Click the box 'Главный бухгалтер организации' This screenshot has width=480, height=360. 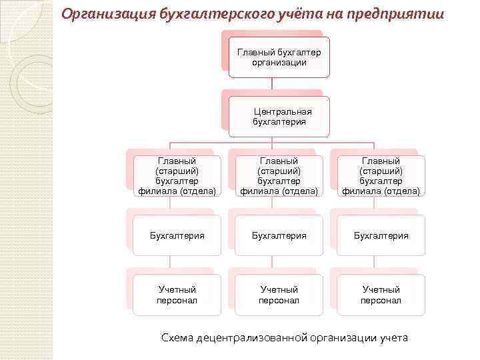point(279,57)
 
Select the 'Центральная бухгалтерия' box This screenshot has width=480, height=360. point(279,117)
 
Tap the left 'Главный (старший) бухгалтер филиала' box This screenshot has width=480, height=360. point(177,176)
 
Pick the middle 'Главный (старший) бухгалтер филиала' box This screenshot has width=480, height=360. point(279,176)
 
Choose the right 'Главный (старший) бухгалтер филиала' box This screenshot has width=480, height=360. point(381,176)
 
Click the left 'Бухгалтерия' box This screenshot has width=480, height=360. point(177,235)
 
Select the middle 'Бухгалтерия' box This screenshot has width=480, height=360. point(279,235)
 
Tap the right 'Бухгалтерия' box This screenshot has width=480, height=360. point(381,235)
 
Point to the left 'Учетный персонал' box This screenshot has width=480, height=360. point(177,295)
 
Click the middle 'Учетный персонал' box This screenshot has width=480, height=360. point(279,295)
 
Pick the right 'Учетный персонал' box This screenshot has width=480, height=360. point(381,295)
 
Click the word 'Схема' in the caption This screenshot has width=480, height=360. point(177,337)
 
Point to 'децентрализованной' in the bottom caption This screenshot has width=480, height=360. point(251,337)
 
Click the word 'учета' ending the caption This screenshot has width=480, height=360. point(393,337)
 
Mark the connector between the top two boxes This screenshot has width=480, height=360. point(272,84)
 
